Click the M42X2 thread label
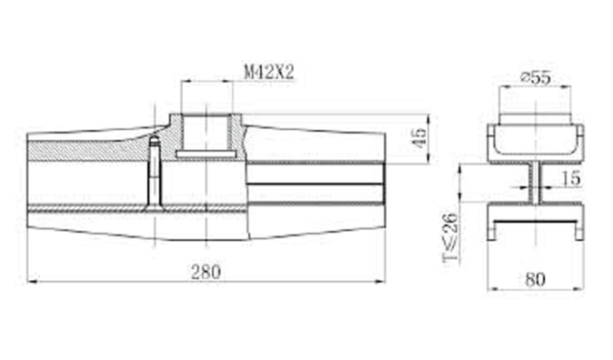[x=269, y=72]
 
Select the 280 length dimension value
[x=206, y=272]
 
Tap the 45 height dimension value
[x=419, y=137]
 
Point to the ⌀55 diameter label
[x=535, y=77]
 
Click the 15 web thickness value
[x=571, y=178]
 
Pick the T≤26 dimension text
[x=451, y=237]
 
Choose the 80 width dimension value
[x=535, y=279]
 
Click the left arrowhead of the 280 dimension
[x=32, y=281]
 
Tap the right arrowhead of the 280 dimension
[x=380, y=281]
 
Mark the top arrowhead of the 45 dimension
[x=429, y=118]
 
